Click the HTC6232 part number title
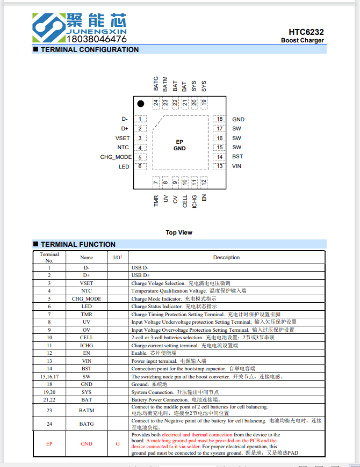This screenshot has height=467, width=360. point(306,32)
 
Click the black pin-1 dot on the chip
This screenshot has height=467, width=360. point(141,104)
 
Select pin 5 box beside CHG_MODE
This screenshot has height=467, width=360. point(140,157)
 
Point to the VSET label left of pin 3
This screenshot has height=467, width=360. point(123,138)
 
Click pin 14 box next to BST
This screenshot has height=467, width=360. point(219,157)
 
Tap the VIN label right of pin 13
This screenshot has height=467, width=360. point(236,166)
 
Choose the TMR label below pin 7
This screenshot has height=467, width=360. point(156,201)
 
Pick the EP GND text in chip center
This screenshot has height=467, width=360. point(179,145)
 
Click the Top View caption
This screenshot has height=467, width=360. point(179,232)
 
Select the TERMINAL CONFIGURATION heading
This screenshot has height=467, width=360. point(89,49)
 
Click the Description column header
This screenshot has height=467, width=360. point(226,257)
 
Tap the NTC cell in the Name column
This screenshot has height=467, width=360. point(87,291)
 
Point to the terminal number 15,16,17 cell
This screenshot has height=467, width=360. point(49,376)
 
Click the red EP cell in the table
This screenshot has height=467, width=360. point(49,444)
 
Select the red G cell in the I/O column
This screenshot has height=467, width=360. point(117,444)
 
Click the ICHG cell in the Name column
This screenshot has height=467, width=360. point(87,345)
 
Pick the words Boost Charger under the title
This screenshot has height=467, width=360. point(302,41)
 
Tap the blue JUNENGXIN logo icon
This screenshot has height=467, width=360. point(48,26)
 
